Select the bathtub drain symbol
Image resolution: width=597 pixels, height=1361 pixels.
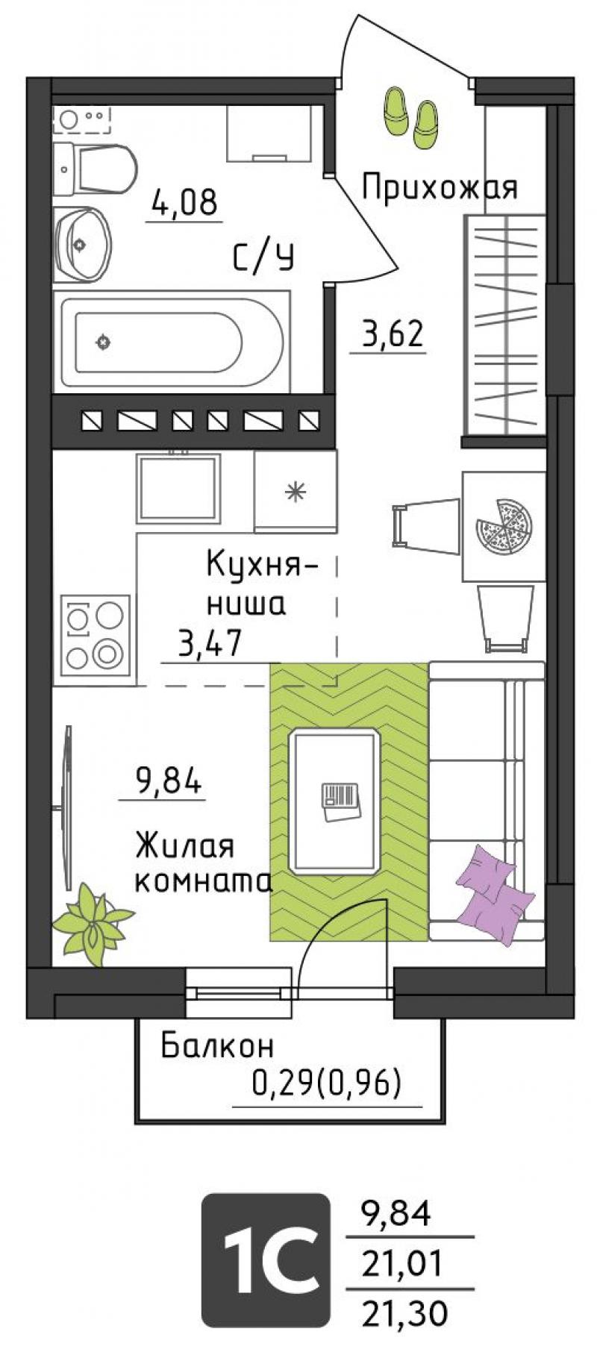pos(102,342)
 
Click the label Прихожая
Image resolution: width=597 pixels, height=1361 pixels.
pos(440,188)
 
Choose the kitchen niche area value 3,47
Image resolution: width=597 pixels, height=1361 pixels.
pos(210,642)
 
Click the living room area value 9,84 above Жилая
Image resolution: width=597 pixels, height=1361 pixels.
pos(168,782)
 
